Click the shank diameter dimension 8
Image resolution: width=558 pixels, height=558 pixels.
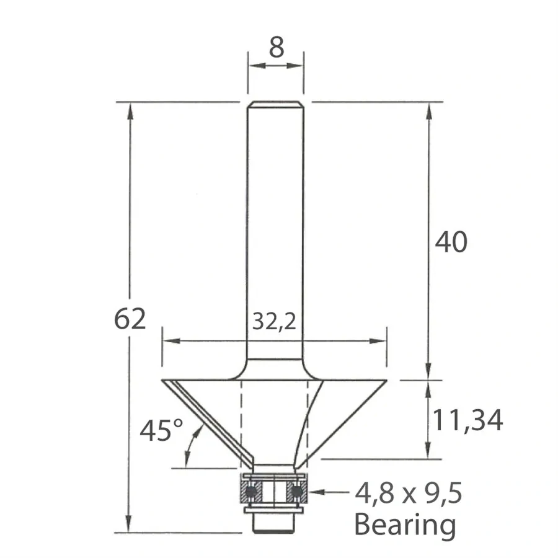276,48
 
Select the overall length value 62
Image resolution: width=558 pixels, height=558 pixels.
130,319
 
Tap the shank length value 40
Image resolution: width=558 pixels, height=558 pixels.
451,242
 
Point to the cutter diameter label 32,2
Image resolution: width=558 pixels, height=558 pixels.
273,321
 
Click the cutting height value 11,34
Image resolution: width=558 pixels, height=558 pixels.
467,420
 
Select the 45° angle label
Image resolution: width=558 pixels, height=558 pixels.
161,430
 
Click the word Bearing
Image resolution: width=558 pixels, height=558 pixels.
405,525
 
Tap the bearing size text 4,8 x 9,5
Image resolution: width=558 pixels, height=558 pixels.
409,494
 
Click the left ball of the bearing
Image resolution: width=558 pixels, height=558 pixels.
251,492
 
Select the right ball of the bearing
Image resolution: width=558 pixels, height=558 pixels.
298,492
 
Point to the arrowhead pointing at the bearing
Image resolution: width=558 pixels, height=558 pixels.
316,492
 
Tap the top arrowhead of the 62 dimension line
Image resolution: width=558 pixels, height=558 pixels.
130,109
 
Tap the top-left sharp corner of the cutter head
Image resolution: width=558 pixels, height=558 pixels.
163,380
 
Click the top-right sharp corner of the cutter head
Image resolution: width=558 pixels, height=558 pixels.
387,380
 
